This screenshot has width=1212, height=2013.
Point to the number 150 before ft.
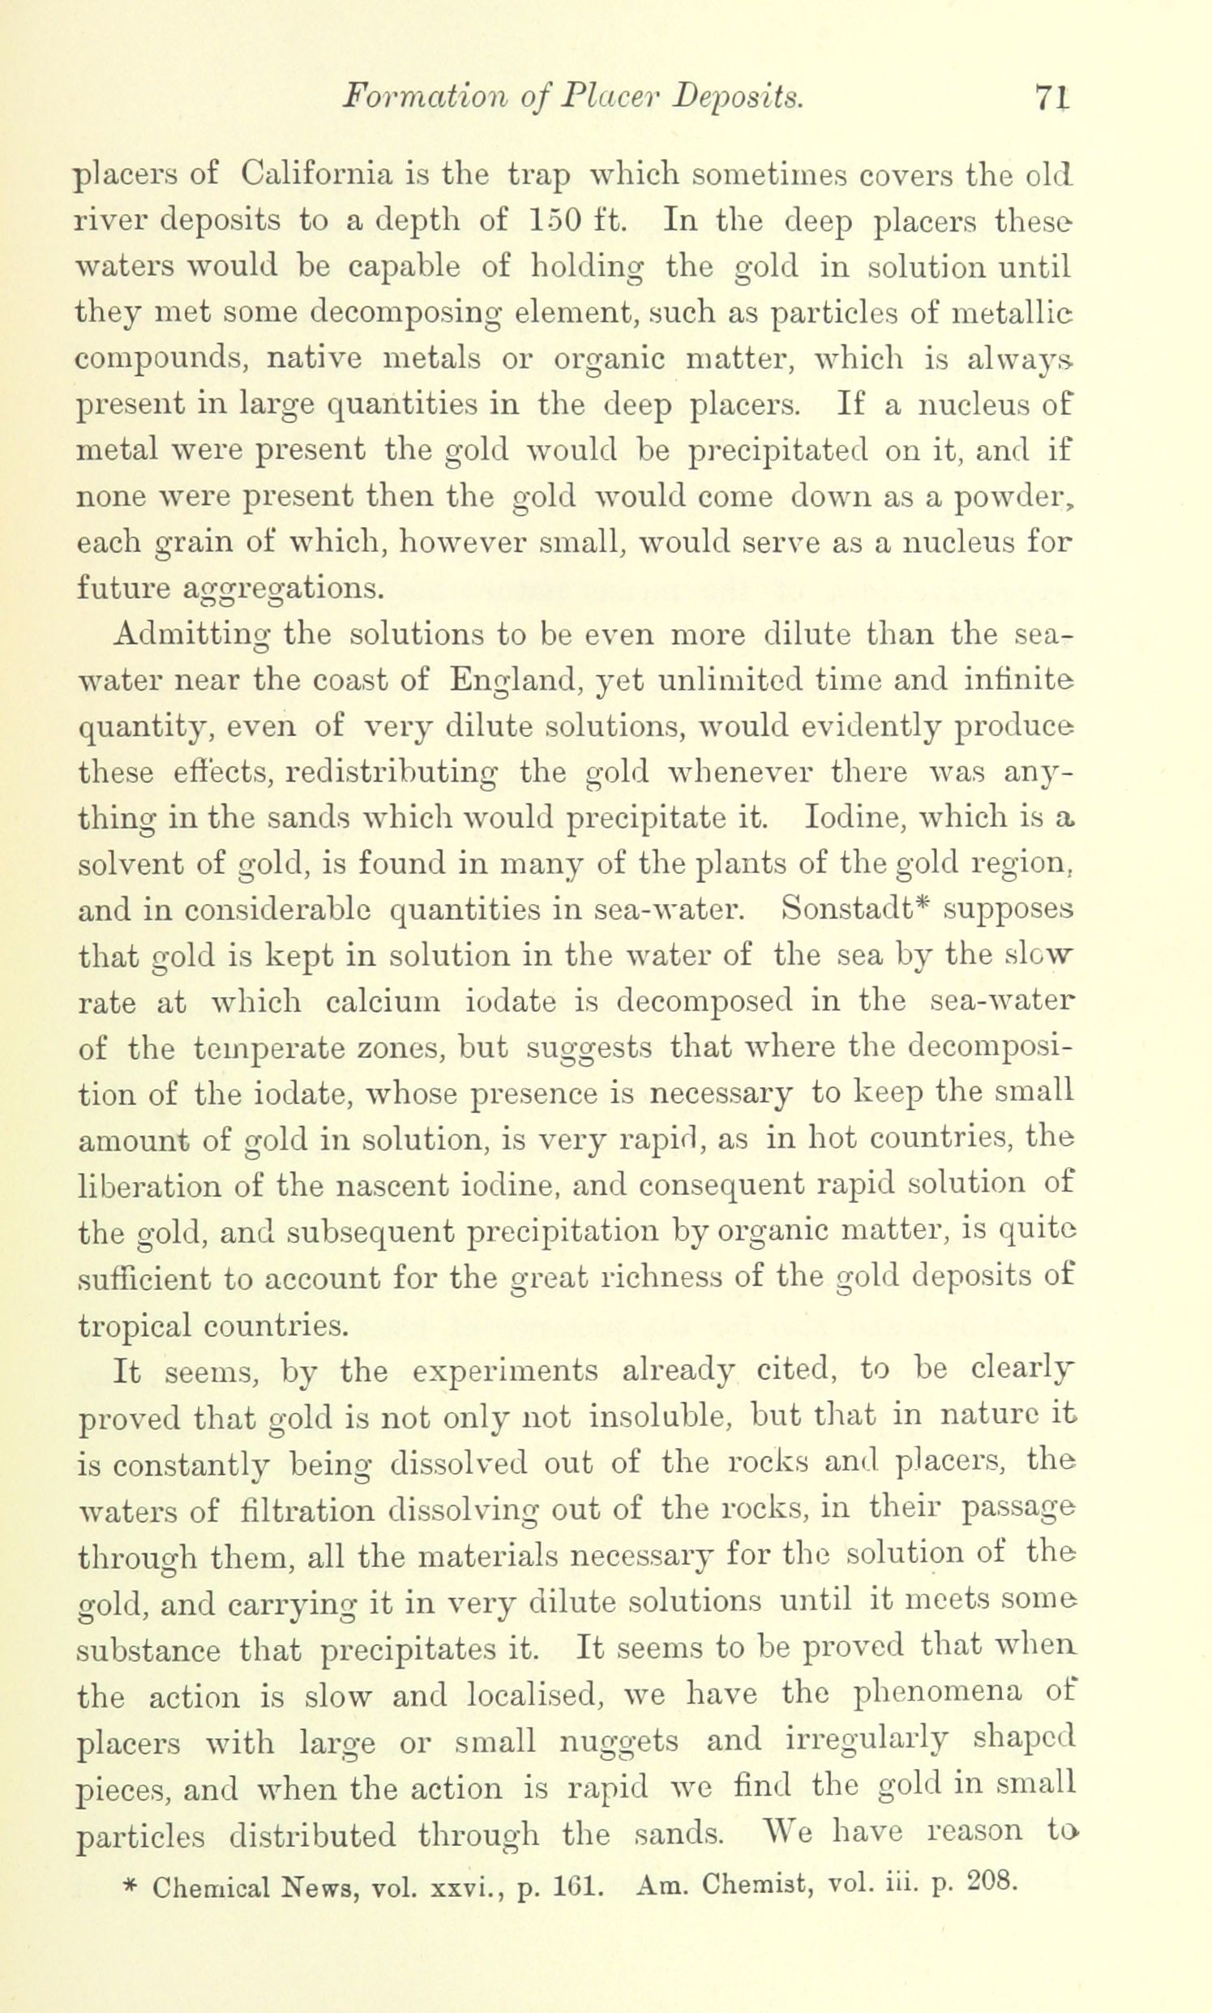557,220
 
